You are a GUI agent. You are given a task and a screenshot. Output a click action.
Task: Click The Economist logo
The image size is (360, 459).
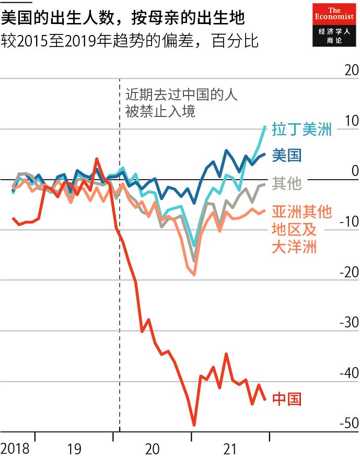coord(333,25)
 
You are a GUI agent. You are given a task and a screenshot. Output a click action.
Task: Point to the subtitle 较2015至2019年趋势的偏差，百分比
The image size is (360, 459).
coord(130,41)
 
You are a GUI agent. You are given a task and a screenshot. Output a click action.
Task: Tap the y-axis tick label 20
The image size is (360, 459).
coord(351,70)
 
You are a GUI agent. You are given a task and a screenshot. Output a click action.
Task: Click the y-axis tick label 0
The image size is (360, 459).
coord(355,171)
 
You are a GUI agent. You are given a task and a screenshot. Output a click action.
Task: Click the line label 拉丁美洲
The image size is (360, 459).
coord(301,130)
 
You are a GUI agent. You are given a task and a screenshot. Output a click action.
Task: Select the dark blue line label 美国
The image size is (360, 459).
coord(286,155)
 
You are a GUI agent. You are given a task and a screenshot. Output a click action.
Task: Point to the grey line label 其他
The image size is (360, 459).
coord(287,183)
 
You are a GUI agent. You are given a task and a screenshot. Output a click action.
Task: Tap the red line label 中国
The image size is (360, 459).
coord(287,399)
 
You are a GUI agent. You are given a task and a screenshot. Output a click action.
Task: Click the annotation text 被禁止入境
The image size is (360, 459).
coord(160,111)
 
